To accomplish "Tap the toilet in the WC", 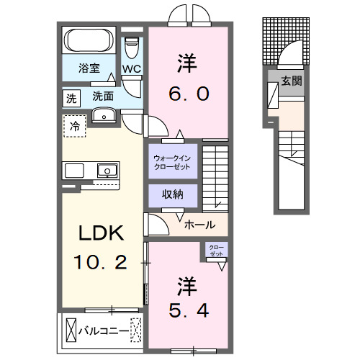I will (x=130, y=48).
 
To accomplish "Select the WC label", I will (x=131, y=68).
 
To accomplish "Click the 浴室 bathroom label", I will (x=89, y=69).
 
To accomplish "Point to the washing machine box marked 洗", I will (x=71, y=96).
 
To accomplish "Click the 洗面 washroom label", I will (x=103, y=95).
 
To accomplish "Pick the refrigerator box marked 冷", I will (x=75, y=126).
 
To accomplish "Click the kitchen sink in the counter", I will (x=106, y=171).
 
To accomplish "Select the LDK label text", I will (x=101, y=233).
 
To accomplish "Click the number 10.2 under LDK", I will (x=101, y=261).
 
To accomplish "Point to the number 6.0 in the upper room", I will (x=189, y=94).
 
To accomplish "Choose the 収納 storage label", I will (x=172, y=194).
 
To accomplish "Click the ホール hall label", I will (x=199, y=225).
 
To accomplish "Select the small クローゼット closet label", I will (x=216, y=250).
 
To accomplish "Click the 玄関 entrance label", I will (x=292, y=81).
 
